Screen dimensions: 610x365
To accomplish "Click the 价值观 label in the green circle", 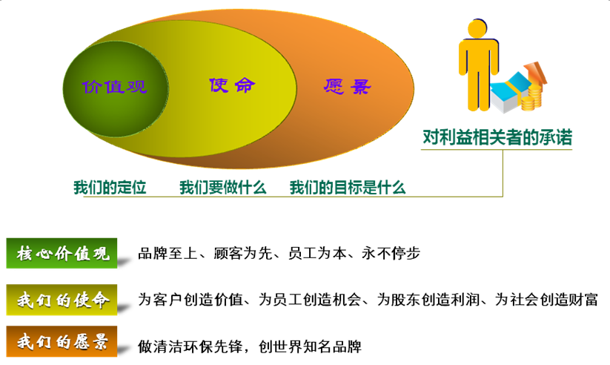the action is (114, 87).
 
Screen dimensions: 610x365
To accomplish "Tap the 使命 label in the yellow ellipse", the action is (232, 85).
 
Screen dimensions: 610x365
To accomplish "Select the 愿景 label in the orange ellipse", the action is (348, 87).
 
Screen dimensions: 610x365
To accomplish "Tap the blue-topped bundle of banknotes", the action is (509, 93).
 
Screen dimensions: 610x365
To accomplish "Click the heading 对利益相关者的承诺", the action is (497, 137).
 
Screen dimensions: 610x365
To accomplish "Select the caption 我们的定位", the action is (110, 188).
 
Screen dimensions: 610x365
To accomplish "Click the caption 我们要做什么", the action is (223, 188).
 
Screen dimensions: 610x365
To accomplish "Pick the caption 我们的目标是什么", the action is (348, 188).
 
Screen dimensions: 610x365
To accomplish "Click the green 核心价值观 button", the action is (62, 253).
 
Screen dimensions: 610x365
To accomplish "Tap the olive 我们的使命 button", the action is (62, 300).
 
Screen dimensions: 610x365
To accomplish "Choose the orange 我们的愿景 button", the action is (62, 341).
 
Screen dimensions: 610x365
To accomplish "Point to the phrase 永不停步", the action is (391, 253).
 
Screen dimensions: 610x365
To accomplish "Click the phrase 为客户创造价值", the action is (190, 300).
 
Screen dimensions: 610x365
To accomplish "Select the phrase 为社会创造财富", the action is (546, 300).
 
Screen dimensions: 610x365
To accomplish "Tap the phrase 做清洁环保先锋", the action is (190, 346).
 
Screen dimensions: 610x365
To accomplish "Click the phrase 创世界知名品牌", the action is (310, 346).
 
